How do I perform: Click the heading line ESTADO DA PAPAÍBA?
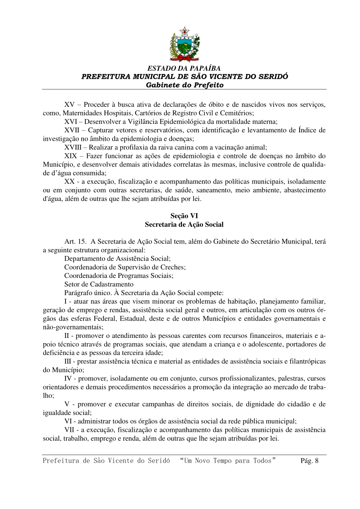point(184,68)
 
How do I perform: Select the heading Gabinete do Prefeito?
point(184,85)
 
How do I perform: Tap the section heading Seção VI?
point(184,216)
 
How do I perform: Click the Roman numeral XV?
point(70,105)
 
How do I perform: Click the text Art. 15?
point(75,242)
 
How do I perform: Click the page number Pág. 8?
point(309,461)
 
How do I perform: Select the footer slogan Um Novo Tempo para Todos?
point(228,461)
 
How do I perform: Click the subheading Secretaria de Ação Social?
point(184,224)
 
